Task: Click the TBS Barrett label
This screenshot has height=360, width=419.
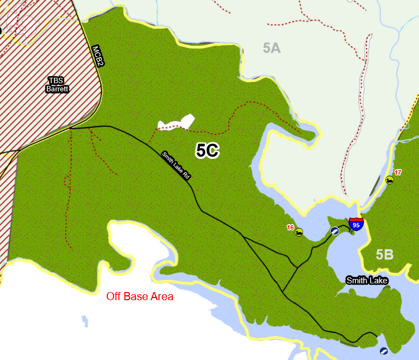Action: click(x=57, y=84)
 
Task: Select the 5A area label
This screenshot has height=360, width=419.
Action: click(x=272, y=48)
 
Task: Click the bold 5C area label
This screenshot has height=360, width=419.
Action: click(x=207, y=151)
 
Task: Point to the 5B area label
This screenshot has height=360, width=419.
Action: click(x=384, y=255)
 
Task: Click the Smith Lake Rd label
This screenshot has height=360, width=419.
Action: click(x=175, y=165)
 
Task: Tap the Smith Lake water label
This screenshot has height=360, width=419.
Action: click(x=367, y=281)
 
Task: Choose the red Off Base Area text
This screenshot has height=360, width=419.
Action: click(x=140, y=296)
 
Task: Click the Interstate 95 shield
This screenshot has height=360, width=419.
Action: click(x=356, y=224)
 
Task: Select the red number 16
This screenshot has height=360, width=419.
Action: click(x=290, y=227)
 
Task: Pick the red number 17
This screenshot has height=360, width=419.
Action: click(x=398, y=172)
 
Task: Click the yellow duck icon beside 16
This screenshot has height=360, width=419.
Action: click(x=299, y=233)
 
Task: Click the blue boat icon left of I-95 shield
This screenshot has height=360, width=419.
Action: click(x=335, y=231)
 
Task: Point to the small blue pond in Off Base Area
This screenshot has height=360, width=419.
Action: click(x=84, y=320)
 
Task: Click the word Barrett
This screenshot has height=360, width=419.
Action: click(x=57, y=89)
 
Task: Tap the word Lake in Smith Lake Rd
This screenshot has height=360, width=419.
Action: click(x=176, y=165)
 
